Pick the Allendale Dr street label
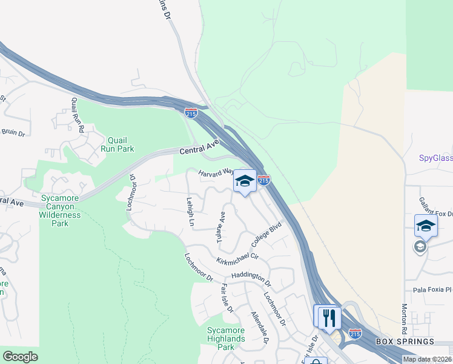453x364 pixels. tap(259, 328)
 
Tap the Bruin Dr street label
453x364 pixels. tap(13, 132)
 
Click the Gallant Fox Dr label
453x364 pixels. tap(437, 206)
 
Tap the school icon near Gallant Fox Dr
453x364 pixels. tap(426, 225)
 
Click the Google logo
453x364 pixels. tap(20, 357)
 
